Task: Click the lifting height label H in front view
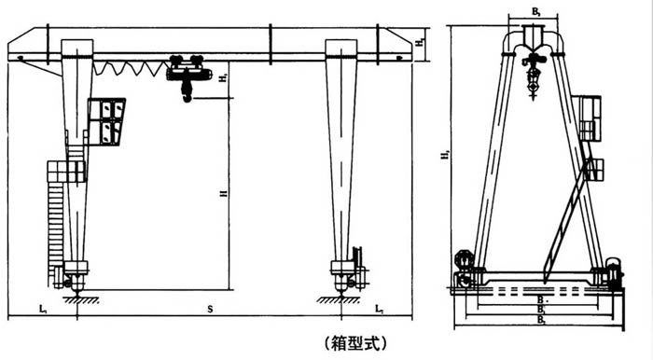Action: pos(221,194)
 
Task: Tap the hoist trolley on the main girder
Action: pos(188,68)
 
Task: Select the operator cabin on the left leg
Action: pos(107,120)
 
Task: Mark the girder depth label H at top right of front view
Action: pos(422,41)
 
